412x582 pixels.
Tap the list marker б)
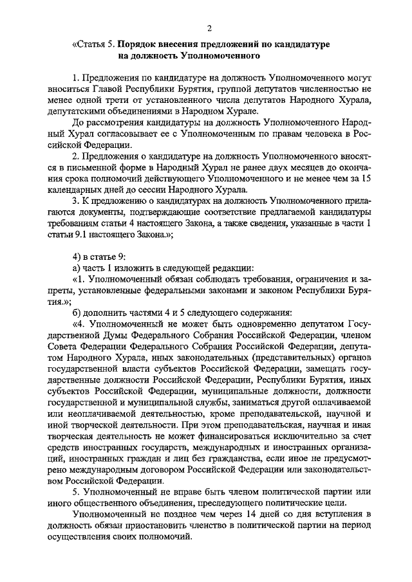[x=77, y=313]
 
